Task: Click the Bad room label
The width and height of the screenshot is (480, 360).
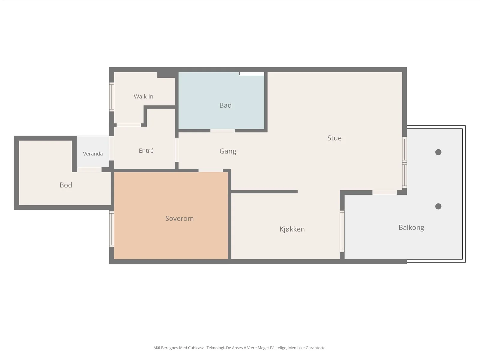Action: coord(226,105)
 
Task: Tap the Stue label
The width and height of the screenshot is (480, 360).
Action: coord(334,138)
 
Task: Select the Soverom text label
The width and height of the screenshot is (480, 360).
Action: coord(179,218)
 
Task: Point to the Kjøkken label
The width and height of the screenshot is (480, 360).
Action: coord(292,229)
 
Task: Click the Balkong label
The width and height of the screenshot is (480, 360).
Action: coord(411,227)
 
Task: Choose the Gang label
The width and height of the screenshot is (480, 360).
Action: coord(228,151)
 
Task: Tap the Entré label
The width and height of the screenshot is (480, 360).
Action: coord(146,151)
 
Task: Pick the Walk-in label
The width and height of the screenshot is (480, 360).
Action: coord(143,96)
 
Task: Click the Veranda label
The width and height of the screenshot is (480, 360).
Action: coord(93,154)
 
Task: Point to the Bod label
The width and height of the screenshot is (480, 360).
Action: coord(66,185)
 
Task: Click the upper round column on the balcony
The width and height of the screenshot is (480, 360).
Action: coord(438,152)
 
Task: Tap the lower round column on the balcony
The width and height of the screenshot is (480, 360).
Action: coord(438,206)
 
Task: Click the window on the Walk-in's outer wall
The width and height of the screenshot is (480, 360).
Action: coord(112,97)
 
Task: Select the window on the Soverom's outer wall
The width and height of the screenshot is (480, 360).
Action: coord(112,229)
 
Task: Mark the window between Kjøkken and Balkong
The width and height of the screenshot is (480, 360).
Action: coord(342,231)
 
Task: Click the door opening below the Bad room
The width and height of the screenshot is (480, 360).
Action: coord(222,131)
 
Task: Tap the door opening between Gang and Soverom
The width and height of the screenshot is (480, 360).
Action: coord(211,170)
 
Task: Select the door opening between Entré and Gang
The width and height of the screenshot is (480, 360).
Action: coord(177,150)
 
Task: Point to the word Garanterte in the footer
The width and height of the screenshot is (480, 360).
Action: coord(316,348)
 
